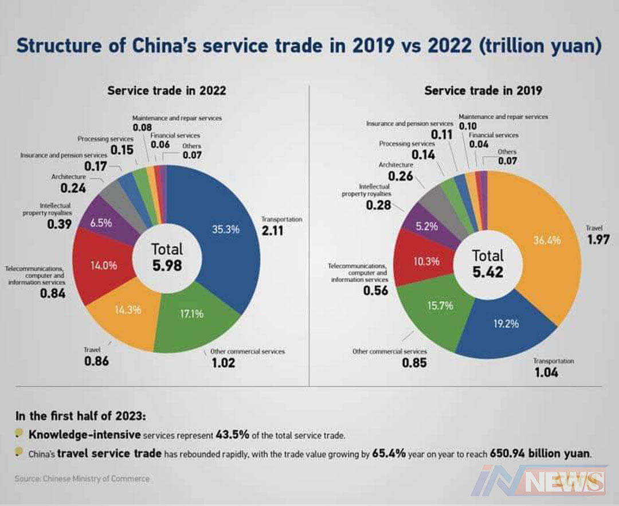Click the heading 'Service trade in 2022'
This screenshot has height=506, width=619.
pyautogui.click(x=167, y=91)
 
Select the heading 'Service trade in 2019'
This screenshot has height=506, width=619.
pyautogui.click(x=483, y=91)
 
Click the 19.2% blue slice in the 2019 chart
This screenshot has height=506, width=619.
pyautogui.click(x=506, y=324)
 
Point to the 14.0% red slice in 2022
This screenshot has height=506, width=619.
pyautogui.click(x=104, y=266)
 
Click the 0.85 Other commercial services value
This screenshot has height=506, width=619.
pyautogui.click(x=415, y=363)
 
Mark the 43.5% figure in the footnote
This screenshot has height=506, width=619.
pyautogui.click(x=233, y=434)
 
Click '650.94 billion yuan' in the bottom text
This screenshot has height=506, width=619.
pyautogui.click(x=539, y=454)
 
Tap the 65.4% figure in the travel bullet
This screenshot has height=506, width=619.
pyautogui.click(x=390, y=454)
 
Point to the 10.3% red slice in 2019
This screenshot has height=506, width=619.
pyautogui.click(x=426, y=261)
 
